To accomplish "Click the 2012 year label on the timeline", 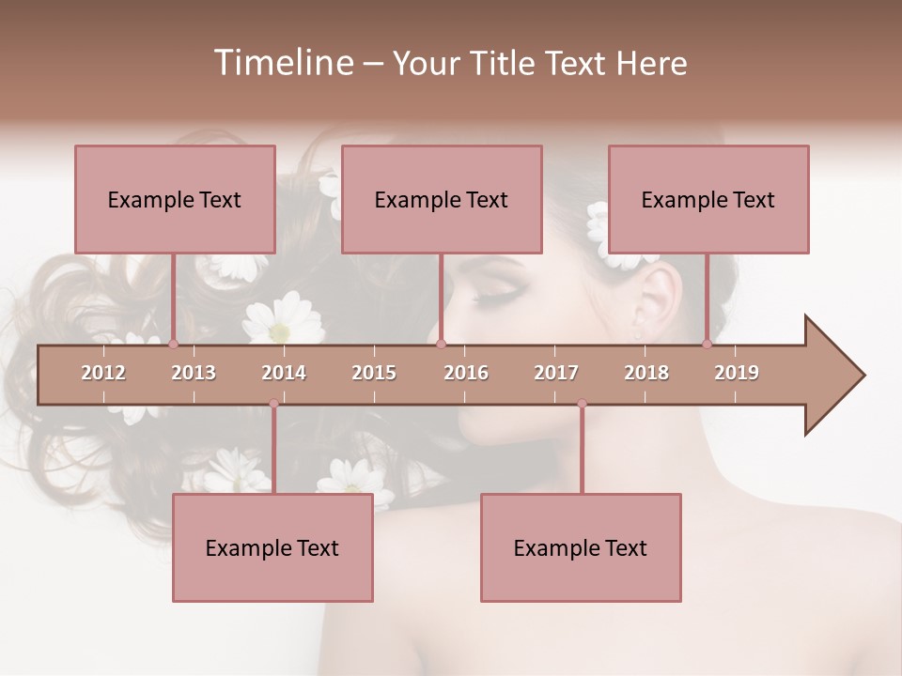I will point(103,373).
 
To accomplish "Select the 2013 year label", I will point(194,373).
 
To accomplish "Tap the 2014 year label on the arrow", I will point(284,373).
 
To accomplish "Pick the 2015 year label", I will point(374,373).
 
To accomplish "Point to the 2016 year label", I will point(466,373).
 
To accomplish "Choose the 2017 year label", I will point(556,373).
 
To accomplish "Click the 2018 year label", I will point(646,373).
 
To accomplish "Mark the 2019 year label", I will point(737,373).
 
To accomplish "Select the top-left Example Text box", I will point(175,199).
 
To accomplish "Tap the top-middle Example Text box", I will point(442,199).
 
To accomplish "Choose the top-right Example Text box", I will point(708,199).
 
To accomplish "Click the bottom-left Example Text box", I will point(272,548).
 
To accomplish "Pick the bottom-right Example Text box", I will point(581,548).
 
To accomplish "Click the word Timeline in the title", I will point(282,63).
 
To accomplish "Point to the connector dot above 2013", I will point(173,344).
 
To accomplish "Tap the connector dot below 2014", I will point(273,404).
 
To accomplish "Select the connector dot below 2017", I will point(582,404).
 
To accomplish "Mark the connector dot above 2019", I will point(707,344).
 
